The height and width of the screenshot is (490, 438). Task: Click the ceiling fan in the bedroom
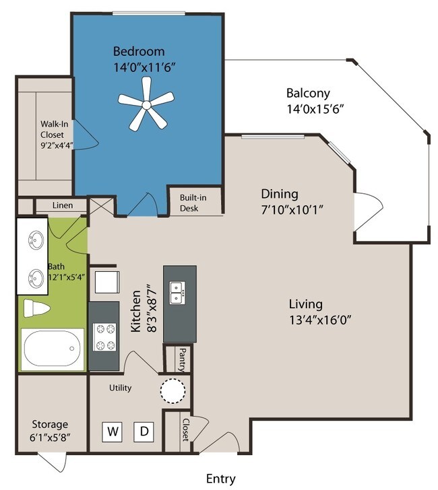click(146, 104)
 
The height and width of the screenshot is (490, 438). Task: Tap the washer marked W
click(112, 432)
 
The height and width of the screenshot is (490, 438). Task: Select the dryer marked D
click(144, 432)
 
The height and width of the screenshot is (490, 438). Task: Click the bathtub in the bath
click(52, 349)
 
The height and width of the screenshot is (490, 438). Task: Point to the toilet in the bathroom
click(36, 308)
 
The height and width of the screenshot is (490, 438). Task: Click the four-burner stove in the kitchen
click(105, 337)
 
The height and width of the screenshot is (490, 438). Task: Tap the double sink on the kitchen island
click(177, 293)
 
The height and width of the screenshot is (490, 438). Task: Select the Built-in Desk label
click(193, 203)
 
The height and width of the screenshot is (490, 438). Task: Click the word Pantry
click(182, 360)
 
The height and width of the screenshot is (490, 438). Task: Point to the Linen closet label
click(63, 205)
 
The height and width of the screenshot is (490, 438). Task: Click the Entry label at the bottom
click(221, 479)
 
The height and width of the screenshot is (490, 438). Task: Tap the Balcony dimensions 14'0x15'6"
click(315, 109)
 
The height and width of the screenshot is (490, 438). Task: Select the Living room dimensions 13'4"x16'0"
click(320, 320)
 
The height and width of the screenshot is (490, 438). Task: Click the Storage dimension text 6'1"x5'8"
click(50, 438)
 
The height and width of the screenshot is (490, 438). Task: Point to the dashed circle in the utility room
click(173, 390)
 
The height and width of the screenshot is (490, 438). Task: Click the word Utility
click(120, 388)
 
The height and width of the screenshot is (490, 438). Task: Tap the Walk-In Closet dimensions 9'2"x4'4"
click(57, 145)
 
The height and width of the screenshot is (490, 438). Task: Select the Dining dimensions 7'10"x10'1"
click(292, 210)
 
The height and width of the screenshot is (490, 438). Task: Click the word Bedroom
click(139, 51)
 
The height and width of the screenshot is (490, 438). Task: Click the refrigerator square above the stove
click(107, 283)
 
